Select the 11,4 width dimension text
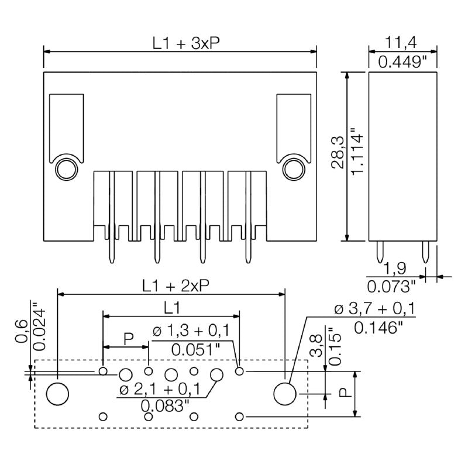click(x=402, y=43)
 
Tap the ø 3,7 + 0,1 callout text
click(x=374, y=309)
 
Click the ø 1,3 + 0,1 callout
click(x=191, y=332)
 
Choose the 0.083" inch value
click(x=164, y=405)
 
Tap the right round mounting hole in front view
click(x=293, y=169)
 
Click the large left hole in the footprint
click(x=57, y=394)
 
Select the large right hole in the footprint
click(x=285, y=394)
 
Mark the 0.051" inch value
click(x=195, y=349)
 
